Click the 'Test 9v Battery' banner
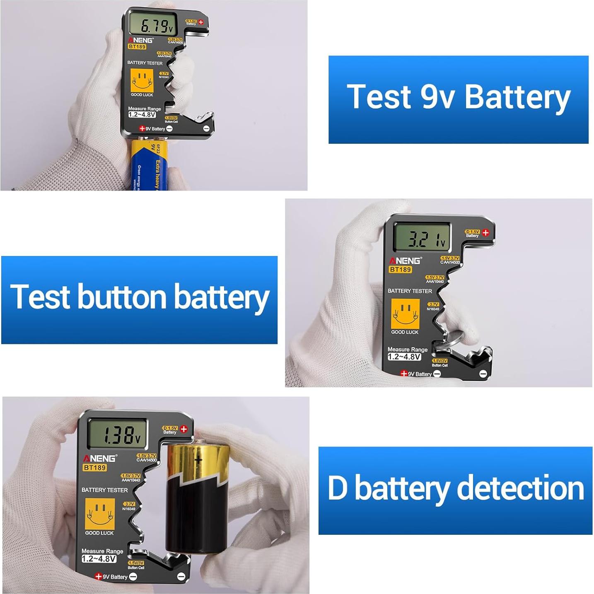(x=458, y=99)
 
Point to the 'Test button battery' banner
(x=139, y=299)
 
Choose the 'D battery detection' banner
(x=455, y=490)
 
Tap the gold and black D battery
(x=196, y=497)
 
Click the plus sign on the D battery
(x=198, y=459)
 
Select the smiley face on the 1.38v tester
(x=99, y=513)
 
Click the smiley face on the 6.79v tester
(x=142, y=80)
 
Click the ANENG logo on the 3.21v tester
(x=405, y=261)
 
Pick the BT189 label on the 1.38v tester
(x=94, y=467)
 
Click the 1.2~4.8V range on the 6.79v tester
(x=142, y=115)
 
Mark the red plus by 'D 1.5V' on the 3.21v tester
(x=485, y=232)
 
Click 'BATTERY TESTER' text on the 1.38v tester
(x=104, y=490)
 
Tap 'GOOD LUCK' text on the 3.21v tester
(x=404, y=332)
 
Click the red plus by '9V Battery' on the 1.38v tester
(x=98, y=576)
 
